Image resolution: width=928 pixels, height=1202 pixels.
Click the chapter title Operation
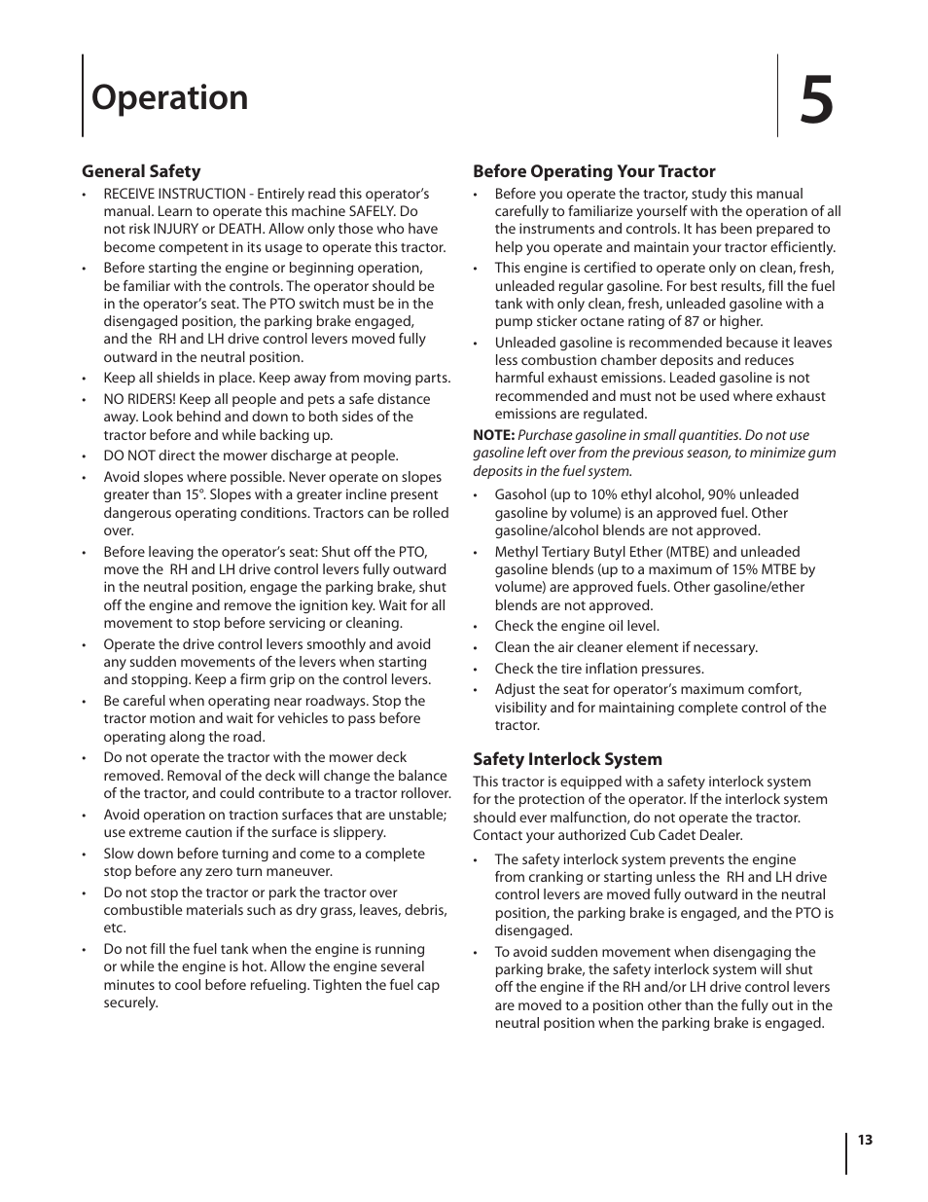tap(169, 98)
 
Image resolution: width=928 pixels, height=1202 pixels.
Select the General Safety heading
tap(141, 171)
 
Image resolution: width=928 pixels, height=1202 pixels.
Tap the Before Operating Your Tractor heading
tap(593, 171)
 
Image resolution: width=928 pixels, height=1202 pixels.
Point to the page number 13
tap(865, 1141)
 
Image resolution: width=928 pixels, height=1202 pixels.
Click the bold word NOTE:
tap(493, 436)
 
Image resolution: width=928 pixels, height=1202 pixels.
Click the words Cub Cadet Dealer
tap(682, 835)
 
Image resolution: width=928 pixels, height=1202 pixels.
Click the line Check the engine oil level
tap(576, 627)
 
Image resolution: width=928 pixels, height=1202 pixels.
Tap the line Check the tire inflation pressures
tap(598, 669)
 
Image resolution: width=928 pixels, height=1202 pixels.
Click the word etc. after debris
tap(115, 929)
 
